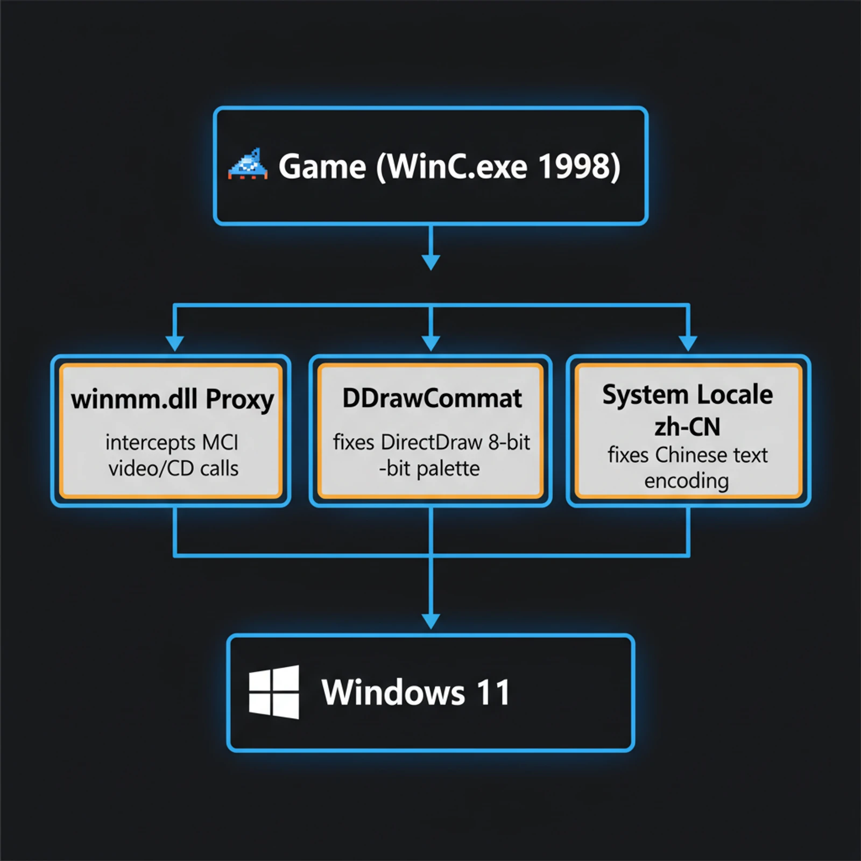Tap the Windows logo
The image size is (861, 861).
[x=274, y=692]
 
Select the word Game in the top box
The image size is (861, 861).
[x=322, y=166]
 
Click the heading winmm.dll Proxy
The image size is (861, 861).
[x=172, y=400]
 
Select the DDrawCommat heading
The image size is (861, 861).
[x=432, y=399]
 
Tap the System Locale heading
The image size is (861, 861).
[x=687, y=394]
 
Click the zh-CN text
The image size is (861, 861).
[x=687, y=427]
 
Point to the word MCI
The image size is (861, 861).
[x=220, y=443]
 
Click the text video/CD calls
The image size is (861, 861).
[x=173, y=469]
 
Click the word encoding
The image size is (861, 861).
[x=687, y=481]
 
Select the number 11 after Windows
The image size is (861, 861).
[x=493, y=693]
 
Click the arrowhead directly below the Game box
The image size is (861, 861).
[x=431, y=262]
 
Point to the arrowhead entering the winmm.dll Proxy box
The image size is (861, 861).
[x=174, y=343]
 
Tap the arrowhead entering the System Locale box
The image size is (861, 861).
[x=688, y=343]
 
